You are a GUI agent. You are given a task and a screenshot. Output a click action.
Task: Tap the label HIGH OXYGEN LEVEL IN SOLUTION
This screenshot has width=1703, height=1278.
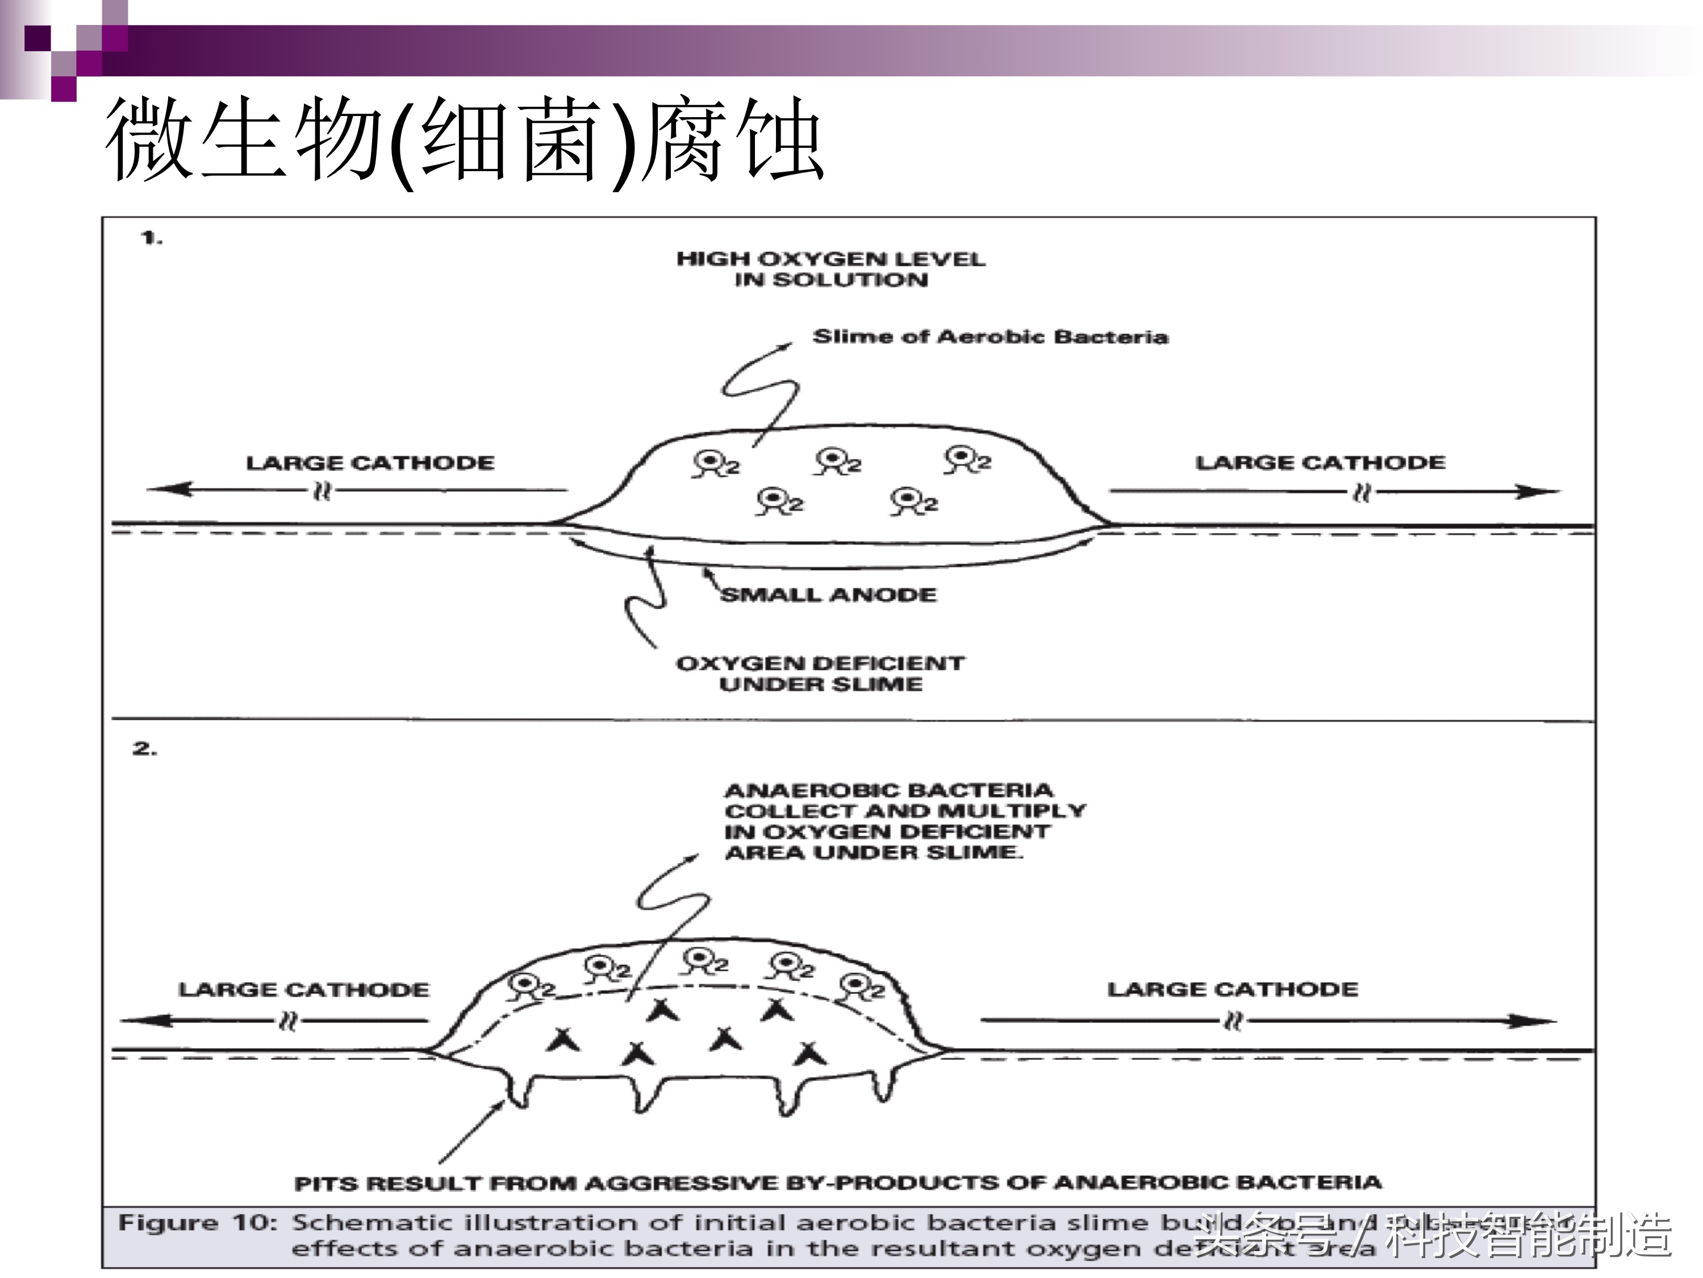click(830, 269)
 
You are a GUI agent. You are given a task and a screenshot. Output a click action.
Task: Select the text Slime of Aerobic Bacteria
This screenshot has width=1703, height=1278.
click(990, 337)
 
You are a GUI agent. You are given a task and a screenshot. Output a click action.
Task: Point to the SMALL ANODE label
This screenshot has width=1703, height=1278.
click(828, 595)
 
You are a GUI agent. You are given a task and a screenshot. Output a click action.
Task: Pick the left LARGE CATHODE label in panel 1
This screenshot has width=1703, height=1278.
click(370, 463)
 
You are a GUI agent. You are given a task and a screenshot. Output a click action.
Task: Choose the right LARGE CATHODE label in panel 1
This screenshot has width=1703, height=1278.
click(1320, 463)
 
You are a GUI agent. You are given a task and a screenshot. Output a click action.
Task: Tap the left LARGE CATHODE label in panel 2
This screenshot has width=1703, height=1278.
click(303, 989)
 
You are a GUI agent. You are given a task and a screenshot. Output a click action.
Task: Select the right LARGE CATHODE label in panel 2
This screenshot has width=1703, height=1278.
click(1232, 989)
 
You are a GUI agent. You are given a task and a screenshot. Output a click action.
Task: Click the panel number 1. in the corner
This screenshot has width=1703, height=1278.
click(152, 238)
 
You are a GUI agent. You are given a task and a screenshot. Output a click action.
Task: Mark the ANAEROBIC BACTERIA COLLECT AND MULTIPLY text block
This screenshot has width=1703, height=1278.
click(905, 821)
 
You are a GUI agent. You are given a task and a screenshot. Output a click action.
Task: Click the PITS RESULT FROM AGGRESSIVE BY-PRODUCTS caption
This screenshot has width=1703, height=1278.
click(838, 1182)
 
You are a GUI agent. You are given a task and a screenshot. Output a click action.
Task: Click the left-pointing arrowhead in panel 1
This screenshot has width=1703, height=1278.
click(165, 488)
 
